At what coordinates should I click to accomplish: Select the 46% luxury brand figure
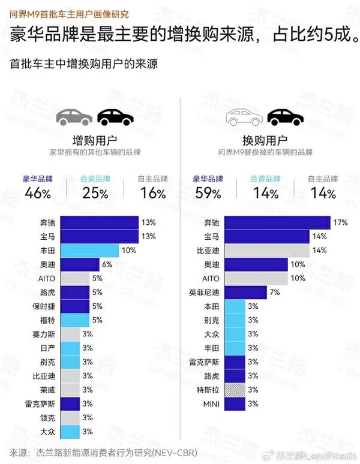coord(38,193)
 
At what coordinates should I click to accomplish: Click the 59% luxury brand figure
coord(208,193)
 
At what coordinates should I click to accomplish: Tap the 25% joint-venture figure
coord(95,193)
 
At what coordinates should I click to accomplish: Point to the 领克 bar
coord(70,417)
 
